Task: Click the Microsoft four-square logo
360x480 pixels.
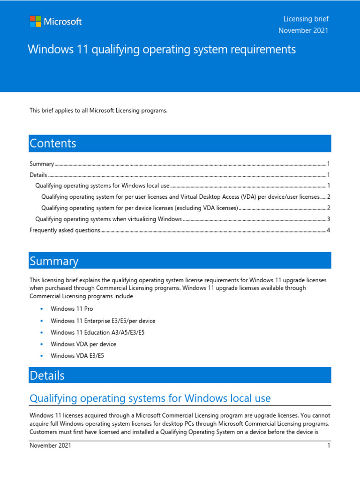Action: pos(35,22)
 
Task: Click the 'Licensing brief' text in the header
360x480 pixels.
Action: pos(306,19)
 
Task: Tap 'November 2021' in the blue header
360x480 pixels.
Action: pos(303,30)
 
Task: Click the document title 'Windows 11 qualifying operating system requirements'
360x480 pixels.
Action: pos(162,49)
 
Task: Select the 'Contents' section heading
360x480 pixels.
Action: pos(53,143)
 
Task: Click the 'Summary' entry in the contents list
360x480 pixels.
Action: pos(42,164)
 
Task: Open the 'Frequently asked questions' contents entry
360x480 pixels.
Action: pos(65,230)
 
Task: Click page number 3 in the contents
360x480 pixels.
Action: pos(329,219)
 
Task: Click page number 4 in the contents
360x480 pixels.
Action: pos(329,230)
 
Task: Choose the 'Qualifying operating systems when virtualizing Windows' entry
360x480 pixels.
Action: pos(109,219)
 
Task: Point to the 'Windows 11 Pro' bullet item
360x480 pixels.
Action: pos(72,309)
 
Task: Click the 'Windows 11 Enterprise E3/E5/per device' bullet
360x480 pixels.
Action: pos(103,321)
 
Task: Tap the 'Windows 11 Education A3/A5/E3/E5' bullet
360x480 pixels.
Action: pos(98,332)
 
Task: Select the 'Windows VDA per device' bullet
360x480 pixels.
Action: pos(83,344)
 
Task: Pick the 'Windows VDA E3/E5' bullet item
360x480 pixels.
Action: pos(77,356)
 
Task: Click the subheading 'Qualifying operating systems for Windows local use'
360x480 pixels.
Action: pos(150,398)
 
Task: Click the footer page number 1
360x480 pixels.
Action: pos(329,446)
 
